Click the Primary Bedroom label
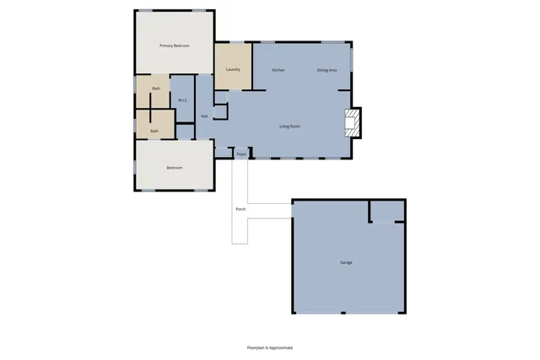coord(175,46)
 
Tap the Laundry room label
coord(234,69)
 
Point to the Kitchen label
coord(278,70)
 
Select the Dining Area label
coord(327,70)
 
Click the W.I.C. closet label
coord(183,101)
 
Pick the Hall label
coord(204,116)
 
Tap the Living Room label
coord(290,126)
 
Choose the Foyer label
coord(241,154)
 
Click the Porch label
coord(240,208)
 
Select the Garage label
coord(346,263)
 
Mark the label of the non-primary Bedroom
coord(175,168)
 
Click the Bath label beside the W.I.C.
coord(156,89)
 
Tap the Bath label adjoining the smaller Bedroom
coord(154,131)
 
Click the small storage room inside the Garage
coord(387,211)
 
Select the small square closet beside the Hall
coord(220,112)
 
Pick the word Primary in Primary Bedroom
coord(167,46)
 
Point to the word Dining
coord(323,70)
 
